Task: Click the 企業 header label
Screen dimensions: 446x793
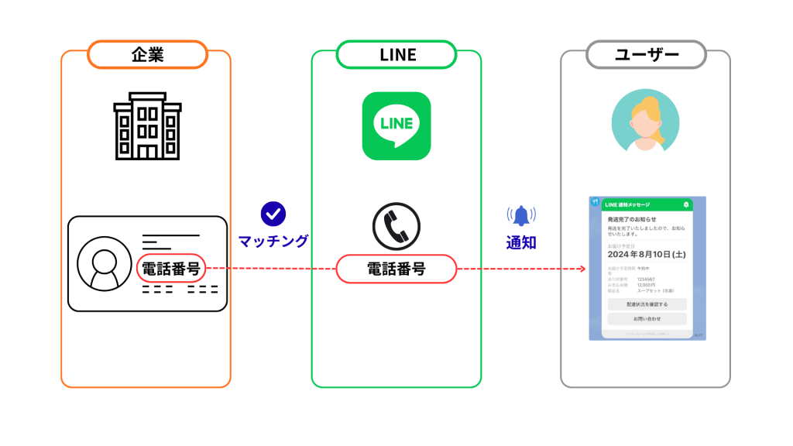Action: [x=147, y=55]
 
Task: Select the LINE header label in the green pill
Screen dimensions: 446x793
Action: [x=396, y=55]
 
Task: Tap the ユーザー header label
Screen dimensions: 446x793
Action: [x=646, y=55]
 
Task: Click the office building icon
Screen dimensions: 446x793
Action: [x=147, y=125]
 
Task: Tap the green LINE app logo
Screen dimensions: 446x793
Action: [x=396, y=125]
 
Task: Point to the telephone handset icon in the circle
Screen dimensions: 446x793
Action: [x=396, y=225]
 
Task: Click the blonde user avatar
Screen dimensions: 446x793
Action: [x=645, y=123]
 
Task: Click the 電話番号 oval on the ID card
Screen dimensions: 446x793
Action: [x=172, y=269]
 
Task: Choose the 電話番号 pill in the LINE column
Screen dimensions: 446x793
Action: [x=396, y=269]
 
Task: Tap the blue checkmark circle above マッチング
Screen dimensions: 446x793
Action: [x=273, y=214]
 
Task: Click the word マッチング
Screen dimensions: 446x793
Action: [x=273, y=241]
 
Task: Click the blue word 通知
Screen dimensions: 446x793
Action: [x=521, y=242]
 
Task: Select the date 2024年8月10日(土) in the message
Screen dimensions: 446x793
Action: [x=647, y=253]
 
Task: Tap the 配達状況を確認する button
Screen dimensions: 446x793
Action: [x=647, y=304]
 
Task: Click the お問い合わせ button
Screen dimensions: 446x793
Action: [x=647, y=318]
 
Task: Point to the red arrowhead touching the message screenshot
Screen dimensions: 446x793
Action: [x=581, y=269]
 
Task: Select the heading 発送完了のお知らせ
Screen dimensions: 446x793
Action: [x=632, y=220]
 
